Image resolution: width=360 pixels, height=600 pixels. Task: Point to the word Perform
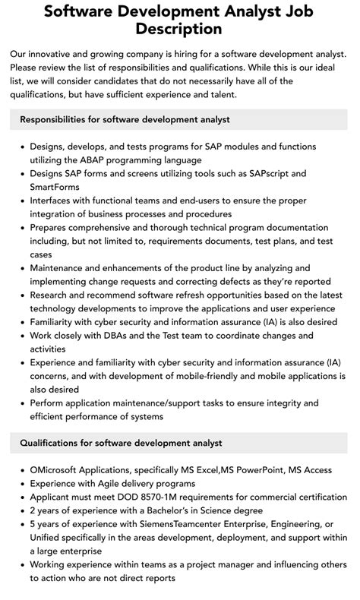[50, 403]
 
